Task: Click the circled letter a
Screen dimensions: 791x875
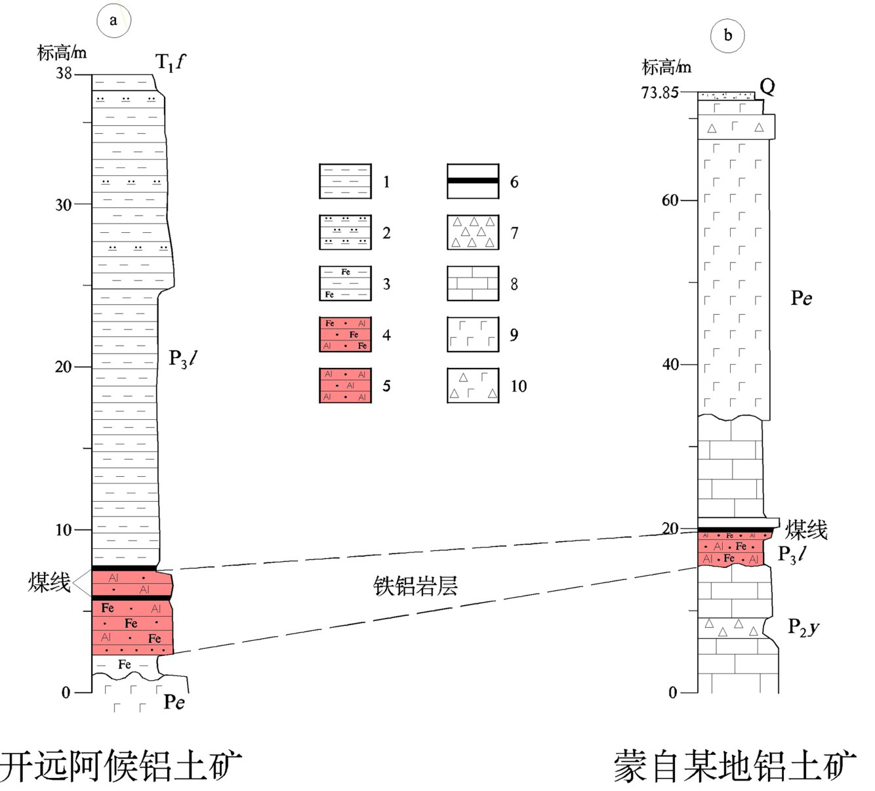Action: click(113, 20)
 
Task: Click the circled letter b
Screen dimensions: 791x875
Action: click(727, 35)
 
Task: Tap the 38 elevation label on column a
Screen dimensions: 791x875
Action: click(64, 73)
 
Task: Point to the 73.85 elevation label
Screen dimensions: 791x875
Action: click(659, 92)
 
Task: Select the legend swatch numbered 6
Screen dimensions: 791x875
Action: click(473, 181)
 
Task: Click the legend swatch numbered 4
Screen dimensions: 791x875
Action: click(345, 335)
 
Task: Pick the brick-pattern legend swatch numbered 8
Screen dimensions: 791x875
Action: click(473, 283)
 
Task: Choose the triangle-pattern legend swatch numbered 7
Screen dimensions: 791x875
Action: click(473, 232)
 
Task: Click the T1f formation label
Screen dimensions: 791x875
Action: click(171, 63)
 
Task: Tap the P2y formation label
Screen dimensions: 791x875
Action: click(804, 628)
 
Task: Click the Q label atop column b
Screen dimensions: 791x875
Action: click(767, 86)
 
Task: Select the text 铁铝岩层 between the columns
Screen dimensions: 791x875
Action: click(415, 586)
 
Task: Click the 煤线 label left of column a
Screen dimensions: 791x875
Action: click(49, 582)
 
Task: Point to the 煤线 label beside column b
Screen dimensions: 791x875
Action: click(806, 529)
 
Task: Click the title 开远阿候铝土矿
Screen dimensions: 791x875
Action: click(121, 765)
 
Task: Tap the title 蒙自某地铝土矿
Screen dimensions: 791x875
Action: click(735, 766)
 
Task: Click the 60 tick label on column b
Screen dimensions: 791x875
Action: click(670, 200)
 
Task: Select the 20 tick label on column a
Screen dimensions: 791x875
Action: click(63, 367)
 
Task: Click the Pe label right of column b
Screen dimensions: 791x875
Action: click(801, 298)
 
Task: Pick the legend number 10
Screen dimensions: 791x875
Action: click(518, 386)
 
